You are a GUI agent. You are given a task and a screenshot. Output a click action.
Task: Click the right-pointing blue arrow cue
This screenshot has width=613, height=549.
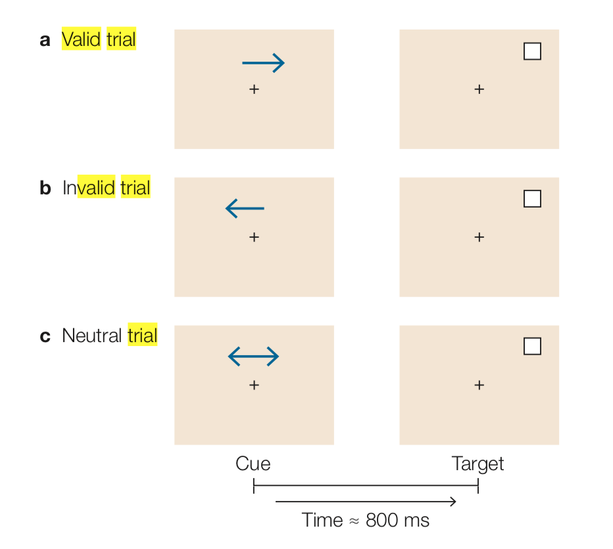click(x=263, y=63)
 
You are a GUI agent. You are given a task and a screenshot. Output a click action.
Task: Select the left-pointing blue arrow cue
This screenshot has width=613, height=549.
click(x=245, y=209)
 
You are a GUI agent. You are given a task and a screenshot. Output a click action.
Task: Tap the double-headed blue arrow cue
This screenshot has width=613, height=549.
click(x=253, y=357)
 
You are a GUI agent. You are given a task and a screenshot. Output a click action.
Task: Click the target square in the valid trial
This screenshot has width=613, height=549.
click(x=532, y=51)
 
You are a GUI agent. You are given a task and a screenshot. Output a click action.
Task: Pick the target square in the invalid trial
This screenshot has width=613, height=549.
click(x=532, y=198)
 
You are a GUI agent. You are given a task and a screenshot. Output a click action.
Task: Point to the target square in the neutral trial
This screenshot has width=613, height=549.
click(x=532, y=346)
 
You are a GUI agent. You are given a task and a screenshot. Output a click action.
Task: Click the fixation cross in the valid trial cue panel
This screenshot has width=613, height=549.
click(x=254, y=89)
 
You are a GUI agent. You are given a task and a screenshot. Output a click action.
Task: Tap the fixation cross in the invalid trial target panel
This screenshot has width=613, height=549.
click(x=479, y=237)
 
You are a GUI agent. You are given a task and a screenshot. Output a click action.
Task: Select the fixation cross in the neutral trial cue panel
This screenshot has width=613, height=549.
click(x=254, y=385)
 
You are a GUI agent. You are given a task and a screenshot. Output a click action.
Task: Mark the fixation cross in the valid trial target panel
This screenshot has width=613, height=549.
click(x=479, y=89)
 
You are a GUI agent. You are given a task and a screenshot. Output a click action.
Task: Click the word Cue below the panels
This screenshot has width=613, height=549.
click(x=253, y=464)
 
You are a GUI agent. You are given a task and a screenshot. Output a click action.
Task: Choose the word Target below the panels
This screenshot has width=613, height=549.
click(x=478, y=464)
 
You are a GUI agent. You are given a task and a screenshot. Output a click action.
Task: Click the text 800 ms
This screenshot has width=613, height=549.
click(x=397, y=521)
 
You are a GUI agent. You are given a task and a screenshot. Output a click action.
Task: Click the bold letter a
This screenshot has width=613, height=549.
click(x=45, y=40)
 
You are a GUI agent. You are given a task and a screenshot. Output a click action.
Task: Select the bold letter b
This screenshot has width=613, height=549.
click(x=45, y=188)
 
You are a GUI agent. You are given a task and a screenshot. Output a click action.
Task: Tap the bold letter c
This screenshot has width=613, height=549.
click(x=45, y=336)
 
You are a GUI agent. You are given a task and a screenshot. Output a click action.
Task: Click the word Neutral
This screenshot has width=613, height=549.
click(x=92, y=336)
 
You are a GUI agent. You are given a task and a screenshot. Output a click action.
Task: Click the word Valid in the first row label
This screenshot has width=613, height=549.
click(x=82, y=39)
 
